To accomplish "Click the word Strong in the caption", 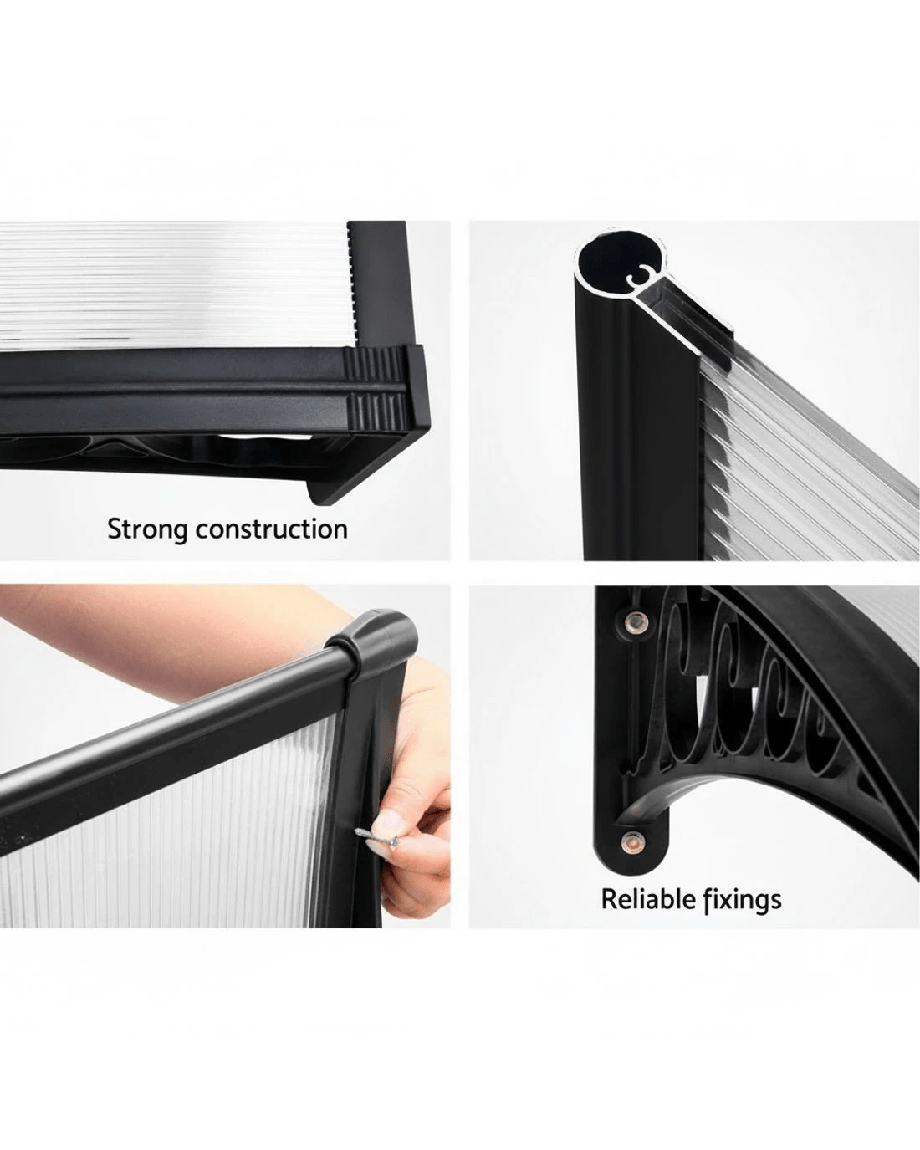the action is coord(147,530).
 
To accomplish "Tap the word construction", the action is coord(272,529).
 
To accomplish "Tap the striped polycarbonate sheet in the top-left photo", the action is coord(171,284).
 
